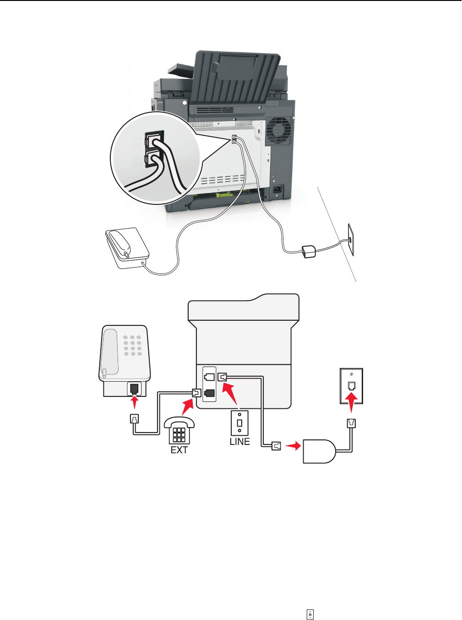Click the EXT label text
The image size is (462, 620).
[179, 450]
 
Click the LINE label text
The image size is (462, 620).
[239, 441]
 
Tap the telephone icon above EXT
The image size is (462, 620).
[179, 430]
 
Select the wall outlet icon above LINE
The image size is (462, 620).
[239, 422]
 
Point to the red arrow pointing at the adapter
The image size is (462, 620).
[293, 445]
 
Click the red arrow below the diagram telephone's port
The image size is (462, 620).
[135, 403]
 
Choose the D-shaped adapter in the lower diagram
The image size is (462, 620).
[320, 451]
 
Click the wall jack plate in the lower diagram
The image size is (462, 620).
[351, 386]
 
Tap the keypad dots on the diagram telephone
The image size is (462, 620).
[132, 345]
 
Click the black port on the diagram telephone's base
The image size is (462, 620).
[135, 389]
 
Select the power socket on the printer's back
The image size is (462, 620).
[277, 189]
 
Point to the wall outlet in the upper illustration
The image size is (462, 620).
[351, 239]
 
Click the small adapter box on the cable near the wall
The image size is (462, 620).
[308, 251]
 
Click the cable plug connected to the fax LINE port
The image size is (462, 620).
[223, 377]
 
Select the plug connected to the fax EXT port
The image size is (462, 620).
[196, 393]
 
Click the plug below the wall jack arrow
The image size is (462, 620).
[351, 424]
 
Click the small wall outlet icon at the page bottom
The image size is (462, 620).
[310, 615]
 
